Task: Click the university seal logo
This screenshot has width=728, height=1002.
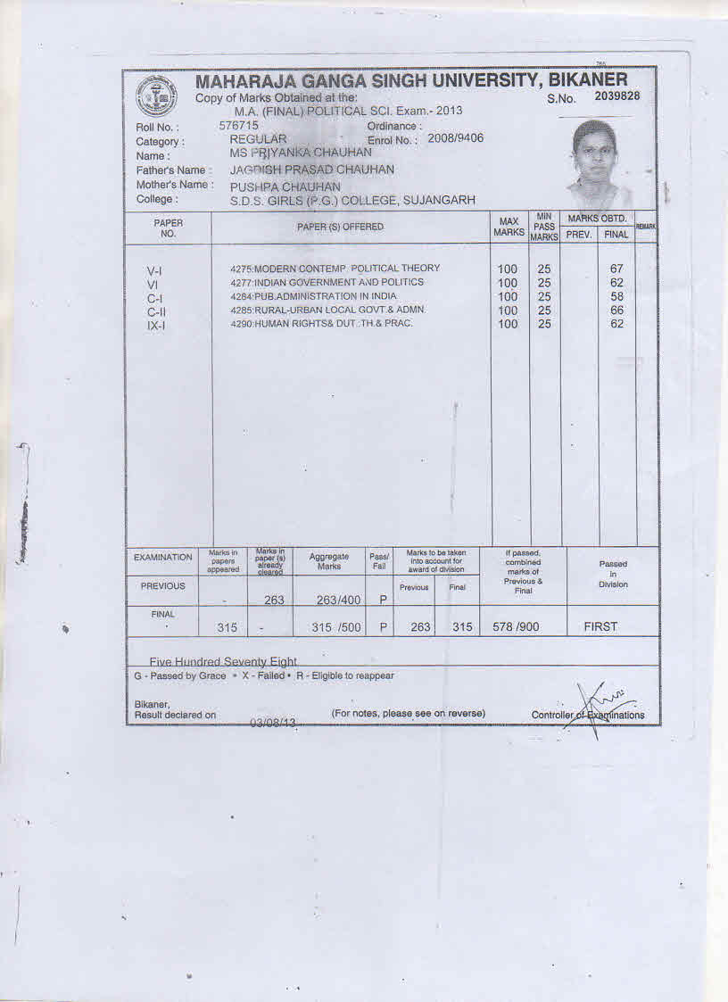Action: (157, 97)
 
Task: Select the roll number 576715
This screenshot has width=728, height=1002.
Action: (239, 126)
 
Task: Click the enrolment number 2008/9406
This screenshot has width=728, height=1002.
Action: (456, 138)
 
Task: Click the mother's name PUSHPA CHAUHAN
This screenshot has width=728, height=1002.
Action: (285, 187)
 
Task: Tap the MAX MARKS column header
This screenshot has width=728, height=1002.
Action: (509, 227)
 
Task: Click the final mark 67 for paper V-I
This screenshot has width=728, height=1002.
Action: (616, 269)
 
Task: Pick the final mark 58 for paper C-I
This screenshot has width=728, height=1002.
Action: (616, 296)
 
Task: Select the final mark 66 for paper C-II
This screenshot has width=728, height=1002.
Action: (616, 311)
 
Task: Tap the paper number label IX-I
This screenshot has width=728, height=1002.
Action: (156, 326)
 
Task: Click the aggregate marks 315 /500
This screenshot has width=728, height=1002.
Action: (335, 627)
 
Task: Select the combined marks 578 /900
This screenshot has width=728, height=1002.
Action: (516, 627)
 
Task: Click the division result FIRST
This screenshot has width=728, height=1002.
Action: (600, 626)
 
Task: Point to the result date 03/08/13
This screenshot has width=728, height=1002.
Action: (273, 722)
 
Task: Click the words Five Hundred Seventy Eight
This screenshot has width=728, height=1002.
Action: (223, 662)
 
